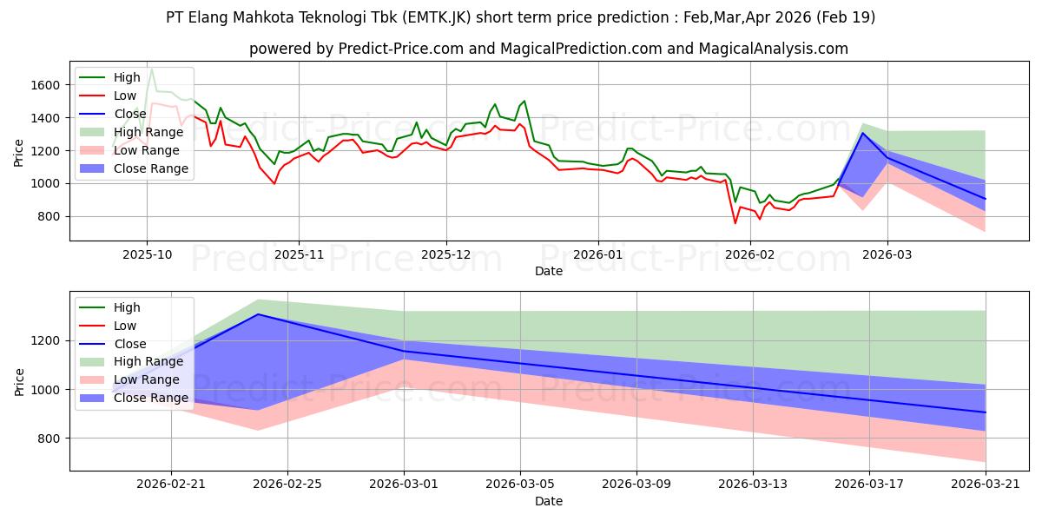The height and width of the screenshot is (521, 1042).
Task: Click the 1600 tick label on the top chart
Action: point(45,85)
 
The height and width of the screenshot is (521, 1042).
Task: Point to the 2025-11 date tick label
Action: point(299,255)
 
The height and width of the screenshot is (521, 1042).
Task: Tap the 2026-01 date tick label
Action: point(598,255)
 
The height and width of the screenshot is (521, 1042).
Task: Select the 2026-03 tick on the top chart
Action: point(887,255)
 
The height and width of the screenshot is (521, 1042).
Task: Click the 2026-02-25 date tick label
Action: point(287,485)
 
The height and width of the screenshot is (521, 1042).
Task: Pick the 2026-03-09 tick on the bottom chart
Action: point(636,485)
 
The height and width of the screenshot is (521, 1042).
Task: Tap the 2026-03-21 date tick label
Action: point(986,485)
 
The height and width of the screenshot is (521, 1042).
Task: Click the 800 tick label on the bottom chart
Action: point(49,439)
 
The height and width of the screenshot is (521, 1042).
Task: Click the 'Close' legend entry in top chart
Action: point(113,114)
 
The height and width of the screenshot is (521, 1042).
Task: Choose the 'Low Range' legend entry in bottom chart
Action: point(129,379)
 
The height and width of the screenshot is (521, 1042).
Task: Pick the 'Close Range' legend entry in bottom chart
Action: point(134,398)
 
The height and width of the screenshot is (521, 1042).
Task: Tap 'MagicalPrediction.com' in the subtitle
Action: point(581,49)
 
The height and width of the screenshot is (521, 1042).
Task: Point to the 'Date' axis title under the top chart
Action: point(549,271)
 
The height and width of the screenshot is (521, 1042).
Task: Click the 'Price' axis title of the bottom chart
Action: point(19,382)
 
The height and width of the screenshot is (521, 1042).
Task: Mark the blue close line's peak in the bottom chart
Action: point(258,314)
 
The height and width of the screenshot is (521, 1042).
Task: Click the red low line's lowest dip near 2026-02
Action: point(735,223)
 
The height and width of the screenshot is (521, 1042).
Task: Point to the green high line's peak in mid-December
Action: point(524,101)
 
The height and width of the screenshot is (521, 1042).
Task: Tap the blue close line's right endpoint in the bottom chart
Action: point(986,412)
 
